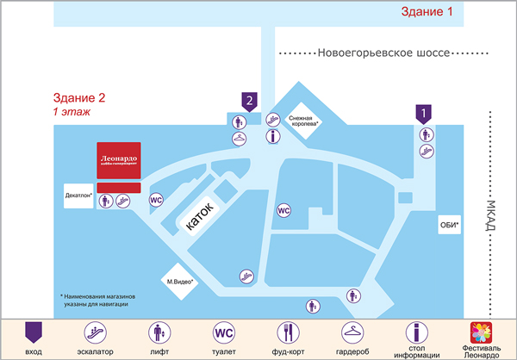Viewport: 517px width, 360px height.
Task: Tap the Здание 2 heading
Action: [79, 98]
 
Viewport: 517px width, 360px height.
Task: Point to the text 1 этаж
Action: [72, 112]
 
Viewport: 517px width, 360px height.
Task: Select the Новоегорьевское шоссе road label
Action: [383, 53]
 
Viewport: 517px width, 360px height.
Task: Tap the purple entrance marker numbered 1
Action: [423, 113]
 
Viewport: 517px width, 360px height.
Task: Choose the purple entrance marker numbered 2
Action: [249, 102]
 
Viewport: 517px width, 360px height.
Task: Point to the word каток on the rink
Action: [202, 218]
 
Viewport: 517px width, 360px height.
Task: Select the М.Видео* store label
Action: [180, 281]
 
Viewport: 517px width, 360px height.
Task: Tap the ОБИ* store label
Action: [449, 226]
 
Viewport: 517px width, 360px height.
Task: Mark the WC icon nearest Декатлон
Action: [156, 200]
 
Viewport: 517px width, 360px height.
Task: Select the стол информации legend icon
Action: [416, 332]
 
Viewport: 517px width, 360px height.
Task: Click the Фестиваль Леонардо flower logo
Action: [481, 332]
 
